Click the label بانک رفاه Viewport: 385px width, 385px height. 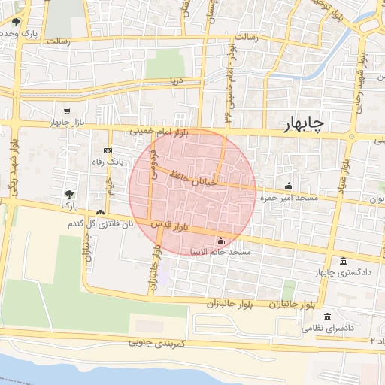tap(106, 162)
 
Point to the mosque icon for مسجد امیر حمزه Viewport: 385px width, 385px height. tap(289, 186)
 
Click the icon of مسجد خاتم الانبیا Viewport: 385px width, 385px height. tap(220, 241)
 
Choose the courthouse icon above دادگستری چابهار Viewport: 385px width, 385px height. tap(344, 261)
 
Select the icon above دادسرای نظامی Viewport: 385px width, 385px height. tap(327, 317)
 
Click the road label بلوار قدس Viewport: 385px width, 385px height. tap(168, 226)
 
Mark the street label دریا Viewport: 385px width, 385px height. tap(176, 78)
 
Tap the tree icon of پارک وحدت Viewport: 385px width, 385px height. tap(17, 21)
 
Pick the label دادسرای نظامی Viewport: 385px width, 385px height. tap(328, 329)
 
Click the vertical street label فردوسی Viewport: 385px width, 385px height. tap(153, 158)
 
